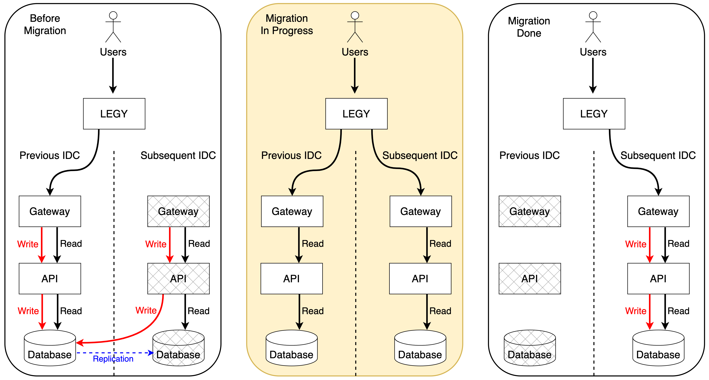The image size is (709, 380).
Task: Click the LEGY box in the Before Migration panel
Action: (x=114, y=114)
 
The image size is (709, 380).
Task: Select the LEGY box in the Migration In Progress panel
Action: (x=356, y=114)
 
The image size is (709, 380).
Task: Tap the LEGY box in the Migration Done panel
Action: (x=594, y=114)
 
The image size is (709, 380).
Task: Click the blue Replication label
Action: (x=113, y=359)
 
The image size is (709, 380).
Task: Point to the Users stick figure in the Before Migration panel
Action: (x=113, y=27)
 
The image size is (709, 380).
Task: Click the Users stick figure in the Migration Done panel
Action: (x=593, y=27)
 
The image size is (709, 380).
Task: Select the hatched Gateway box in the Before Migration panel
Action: (x=178, y=211)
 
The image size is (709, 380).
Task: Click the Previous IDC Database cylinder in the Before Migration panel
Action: (x=50, y=348)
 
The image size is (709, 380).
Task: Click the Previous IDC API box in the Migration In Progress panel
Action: (x=292, y=279)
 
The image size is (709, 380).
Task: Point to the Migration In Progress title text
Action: (x=287, y=24)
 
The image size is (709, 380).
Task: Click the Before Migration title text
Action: (x=45, y=24)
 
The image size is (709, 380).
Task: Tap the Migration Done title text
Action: (x=529, y=27)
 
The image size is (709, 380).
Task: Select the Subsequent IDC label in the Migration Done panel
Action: (x=658, y=156)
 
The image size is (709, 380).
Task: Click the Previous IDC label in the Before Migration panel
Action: (x=50, y=156)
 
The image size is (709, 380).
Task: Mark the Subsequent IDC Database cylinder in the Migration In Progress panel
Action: (x=420, y=348)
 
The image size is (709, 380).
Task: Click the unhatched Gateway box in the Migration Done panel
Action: (x=658, y=211)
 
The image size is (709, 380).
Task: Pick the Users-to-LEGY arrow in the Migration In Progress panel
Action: (x=355, y=76)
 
